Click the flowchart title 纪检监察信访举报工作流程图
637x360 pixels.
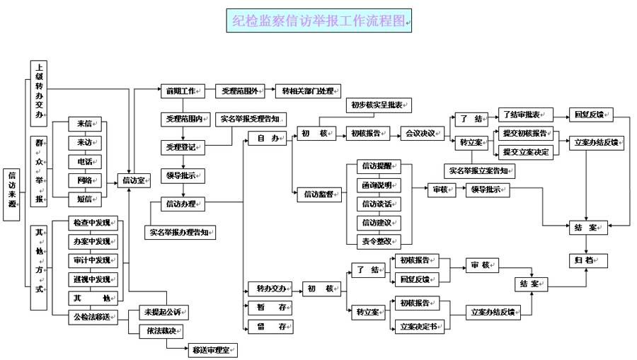[x=320, y=21]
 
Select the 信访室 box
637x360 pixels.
[x=134, y=180]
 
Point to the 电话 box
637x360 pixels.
[x=86, y=161]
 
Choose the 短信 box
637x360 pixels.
[x=86, y=198]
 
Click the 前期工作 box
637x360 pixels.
[x=182, y=91]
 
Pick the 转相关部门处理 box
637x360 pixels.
[x=308, y=91]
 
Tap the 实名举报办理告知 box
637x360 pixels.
[x=180, y=231]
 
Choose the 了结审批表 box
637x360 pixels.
[x=524, y=115]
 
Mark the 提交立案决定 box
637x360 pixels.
[x=525, y=151]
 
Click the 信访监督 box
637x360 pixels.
[x=319, y=194]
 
